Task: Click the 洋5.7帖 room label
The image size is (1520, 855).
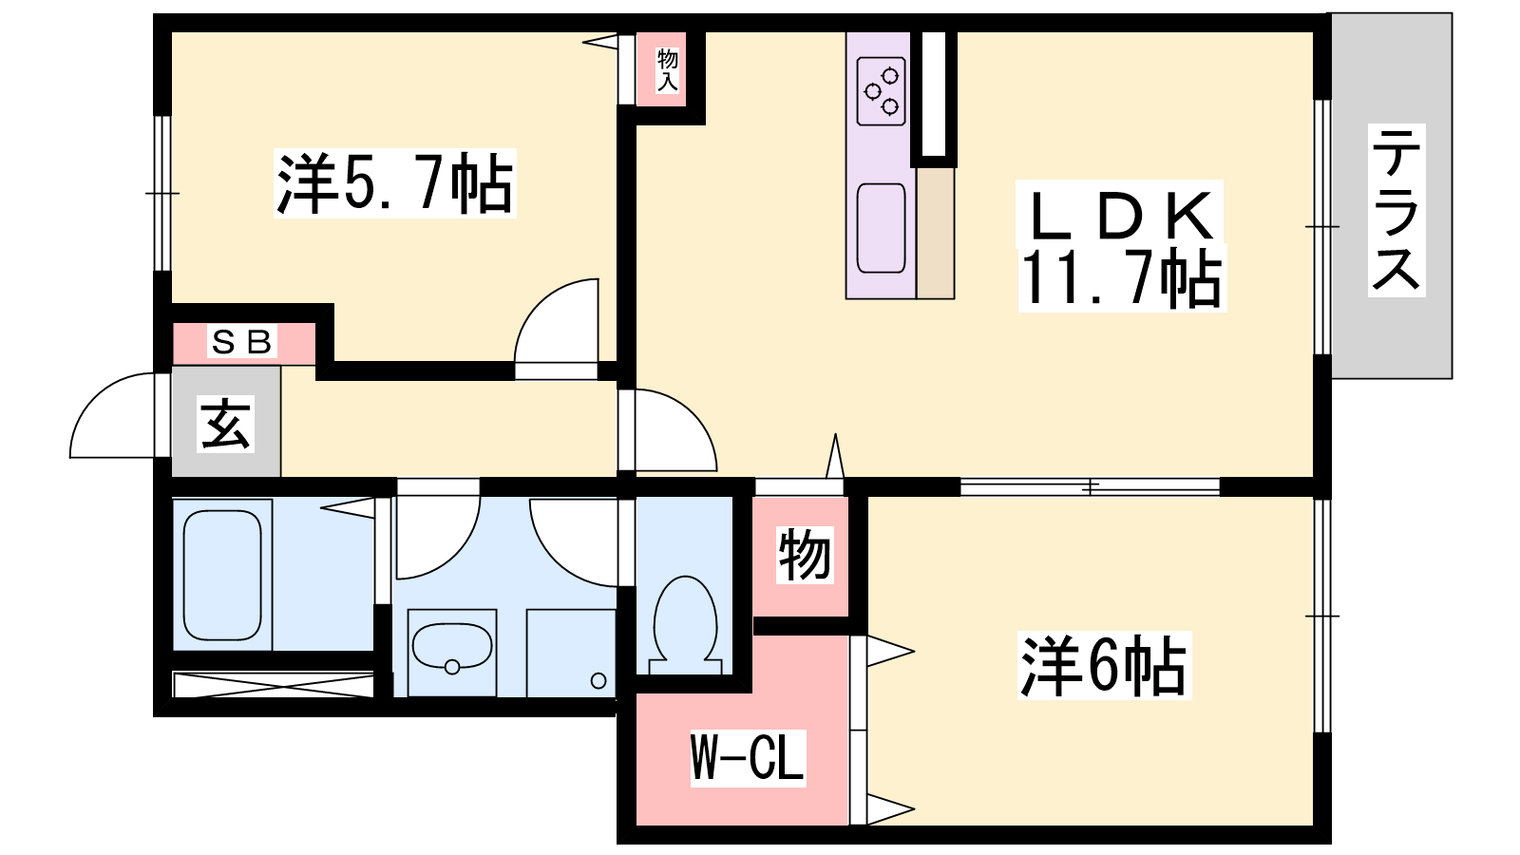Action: pos(394,183)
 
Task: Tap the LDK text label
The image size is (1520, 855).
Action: pos(1120,215)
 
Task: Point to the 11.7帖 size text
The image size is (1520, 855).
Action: pos(1122,279)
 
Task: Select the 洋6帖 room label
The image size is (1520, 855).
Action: pos(1103,666)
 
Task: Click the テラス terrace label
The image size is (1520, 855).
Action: pos(1396,210)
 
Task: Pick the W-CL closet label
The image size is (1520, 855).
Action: pos(748,758)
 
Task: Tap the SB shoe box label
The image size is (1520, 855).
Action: pos(241,342)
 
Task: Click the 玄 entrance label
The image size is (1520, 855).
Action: pos(225,424)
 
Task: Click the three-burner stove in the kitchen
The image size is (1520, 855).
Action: pos(881,91)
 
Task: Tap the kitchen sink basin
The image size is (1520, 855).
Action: pos(881,228)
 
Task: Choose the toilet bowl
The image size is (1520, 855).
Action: pos(685,624)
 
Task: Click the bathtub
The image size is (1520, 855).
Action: pos(222,575)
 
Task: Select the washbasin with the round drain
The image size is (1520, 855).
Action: pos(452,647)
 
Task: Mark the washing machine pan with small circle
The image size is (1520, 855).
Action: pos(571,653)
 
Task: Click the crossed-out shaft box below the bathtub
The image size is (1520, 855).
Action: pos(274,685)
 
